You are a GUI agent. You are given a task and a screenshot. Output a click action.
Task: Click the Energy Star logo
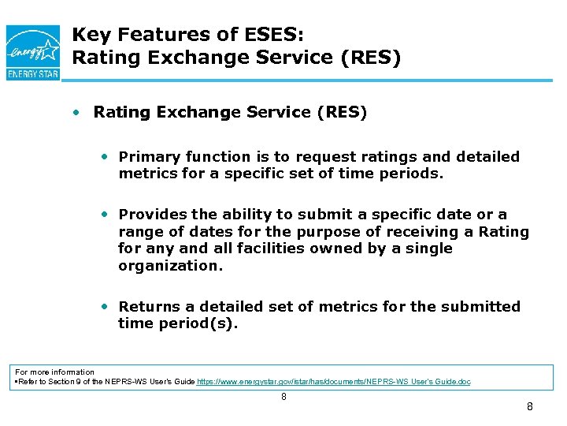(32, 52)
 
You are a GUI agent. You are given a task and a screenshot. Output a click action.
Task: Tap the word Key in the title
(89, 35)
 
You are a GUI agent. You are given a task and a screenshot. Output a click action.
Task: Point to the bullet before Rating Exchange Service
(76, 113)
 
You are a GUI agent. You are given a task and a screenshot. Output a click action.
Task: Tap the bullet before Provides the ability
(105, 215)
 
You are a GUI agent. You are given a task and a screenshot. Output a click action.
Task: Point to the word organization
(170, 266)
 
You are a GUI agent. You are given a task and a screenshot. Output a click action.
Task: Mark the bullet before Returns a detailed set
(105, 306)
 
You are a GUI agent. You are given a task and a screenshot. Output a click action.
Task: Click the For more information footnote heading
(55, 372)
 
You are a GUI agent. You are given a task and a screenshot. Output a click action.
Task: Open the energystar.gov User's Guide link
(334, 382)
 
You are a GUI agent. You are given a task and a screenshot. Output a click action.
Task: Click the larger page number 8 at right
(529, 407)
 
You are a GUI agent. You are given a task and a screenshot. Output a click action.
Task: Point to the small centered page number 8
(283, 397)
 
